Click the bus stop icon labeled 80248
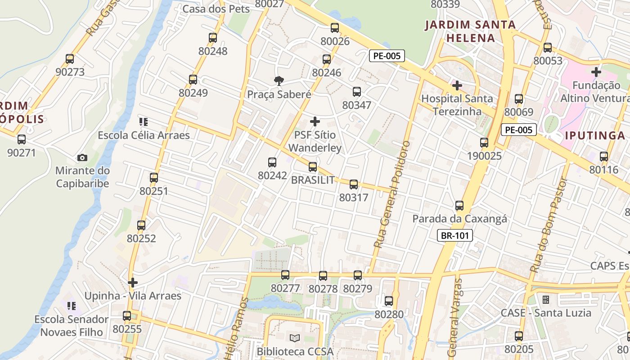[x=213, y=38]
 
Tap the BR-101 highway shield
[x=455, y=235]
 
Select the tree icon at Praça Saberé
[x=279, y=81]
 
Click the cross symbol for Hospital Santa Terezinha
[x=457, y=85]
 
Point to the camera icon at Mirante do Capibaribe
[x=82, y=157]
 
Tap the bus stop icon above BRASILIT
[x=313, y=167]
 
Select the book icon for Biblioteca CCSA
[x=295, y=338]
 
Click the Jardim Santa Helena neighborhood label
[x=470, y=31]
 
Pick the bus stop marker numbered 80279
[x=358, y=275]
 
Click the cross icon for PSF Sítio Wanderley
[x=315, y=121]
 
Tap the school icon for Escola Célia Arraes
[x=144, y=121]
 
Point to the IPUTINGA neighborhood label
[x=594, y=135]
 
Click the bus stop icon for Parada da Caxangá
[x=459, y=206]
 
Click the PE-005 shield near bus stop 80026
[x=387, y=56]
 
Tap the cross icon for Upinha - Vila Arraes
[x=133, y=283]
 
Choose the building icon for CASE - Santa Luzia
[x=546, y=299]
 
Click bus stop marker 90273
[x=70, y=59]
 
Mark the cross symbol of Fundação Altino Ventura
[x=596, y=72]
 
